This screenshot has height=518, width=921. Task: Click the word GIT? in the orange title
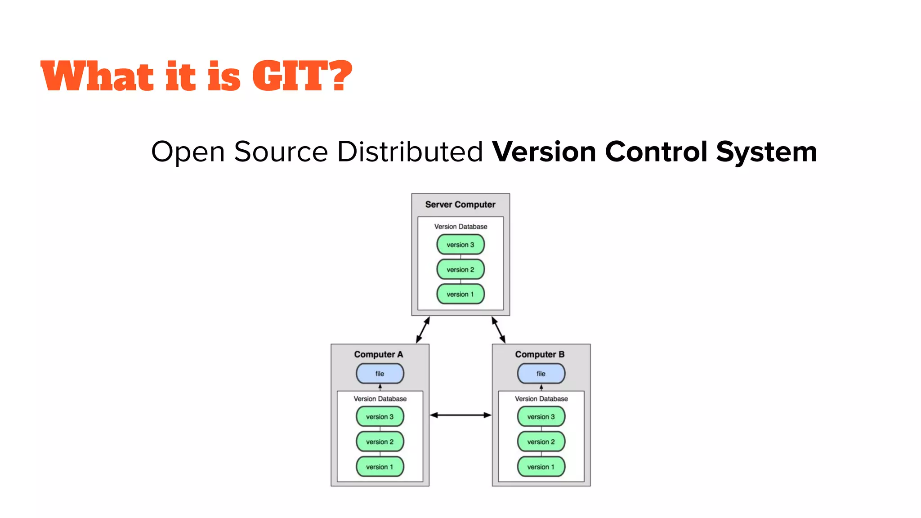(x=301, y=76)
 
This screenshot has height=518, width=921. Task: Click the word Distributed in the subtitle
(x=410, y=152)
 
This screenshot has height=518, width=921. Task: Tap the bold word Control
(x=656, y=152)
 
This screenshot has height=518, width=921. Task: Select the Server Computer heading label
(x=460, y=205)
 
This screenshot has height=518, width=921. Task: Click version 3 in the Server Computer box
(x=460, y=245)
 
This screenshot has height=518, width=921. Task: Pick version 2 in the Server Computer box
(x=460, y=269)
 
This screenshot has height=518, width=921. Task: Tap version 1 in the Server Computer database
(x=460, y=294)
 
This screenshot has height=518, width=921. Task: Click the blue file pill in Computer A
(x=380, y=374)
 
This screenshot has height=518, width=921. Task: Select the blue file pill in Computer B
(x=541, y=374)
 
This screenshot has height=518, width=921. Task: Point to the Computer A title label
(x=378, y=354)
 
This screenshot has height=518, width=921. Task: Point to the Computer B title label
(x=540, y=354)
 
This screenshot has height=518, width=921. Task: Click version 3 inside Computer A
(x=380, y=417)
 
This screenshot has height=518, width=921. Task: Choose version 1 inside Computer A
(x=380, y=467)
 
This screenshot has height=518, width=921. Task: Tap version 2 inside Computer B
(x=541, y=442)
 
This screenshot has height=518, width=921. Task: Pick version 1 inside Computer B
(x=541, y=467)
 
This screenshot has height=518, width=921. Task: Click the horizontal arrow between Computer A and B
(x=460, y=415)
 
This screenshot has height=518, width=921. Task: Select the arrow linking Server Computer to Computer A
(x=423, y=330)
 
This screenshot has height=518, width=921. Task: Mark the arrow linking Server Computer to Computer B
(x=498, y=330)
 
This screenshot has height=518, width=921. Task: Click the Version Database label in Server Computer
(x=460, y=227)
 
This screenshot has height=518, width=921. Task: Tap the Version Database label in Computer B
(x=541, y=399)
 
